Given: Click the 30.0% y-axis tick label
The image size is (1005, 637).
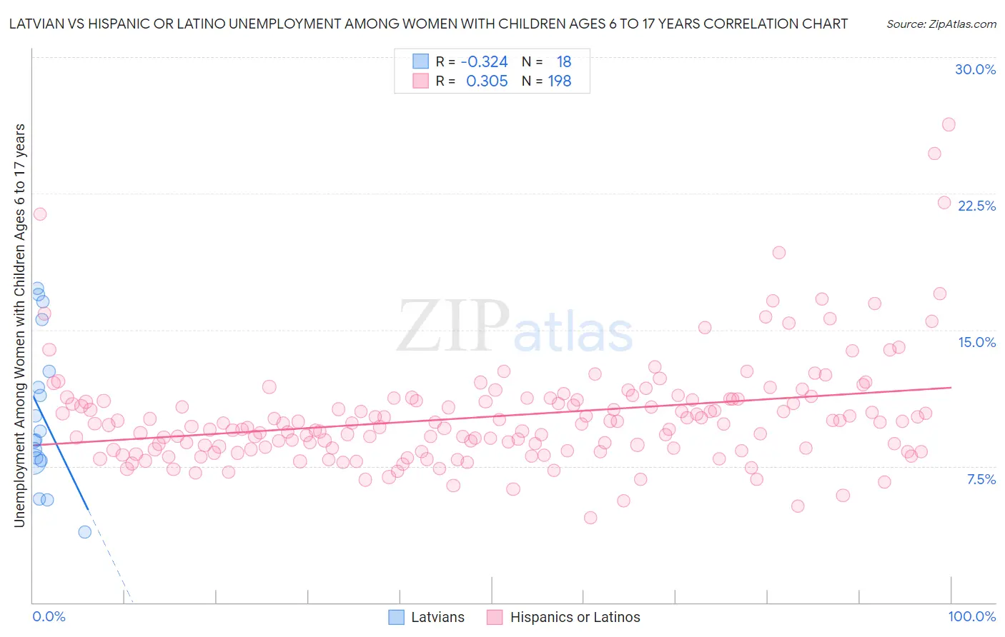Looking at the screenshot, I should [975, 69].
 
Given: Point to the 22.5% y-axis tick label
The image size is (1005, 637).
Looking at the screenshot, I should [976, 206].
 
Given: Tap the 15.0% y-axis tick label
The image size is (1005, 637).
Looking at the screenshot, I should [976, 342].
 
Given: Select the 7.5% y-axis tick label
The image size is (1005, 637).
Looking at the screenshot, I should [981, 479].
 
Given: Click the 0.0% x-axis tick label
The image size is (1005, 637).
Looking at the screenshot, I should [49, 616].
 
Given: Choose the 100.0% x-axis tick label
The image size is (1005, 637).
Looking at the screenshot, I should [971, 616].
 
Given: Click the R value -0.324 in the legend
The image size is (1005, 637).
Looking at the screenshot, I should [484, 62].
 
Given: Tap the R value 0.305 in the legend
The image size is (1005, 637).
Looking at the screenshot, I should [487, 81].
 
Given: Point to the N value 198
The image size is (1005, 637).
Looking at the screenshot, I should [559, 81].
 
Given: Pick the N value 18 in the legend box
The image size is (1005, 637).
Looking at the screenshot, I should [563, 62].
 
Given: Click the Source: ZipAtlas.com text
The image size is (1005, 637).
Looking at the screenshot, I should [941, 24].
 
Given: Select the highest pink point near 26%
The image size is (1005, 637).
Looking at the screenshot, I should [949, 124].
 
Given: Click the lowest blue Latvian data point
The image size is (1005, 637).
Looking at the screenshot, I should [84, 531].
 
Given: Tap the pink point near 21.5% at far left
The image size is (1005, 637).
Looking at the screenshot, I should [40, 214].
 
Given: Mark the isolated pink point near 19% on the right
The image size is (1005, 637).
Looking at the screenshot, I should [779, 253].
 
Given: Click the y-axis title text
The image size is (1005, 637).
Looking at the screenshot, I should [19, 325].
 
